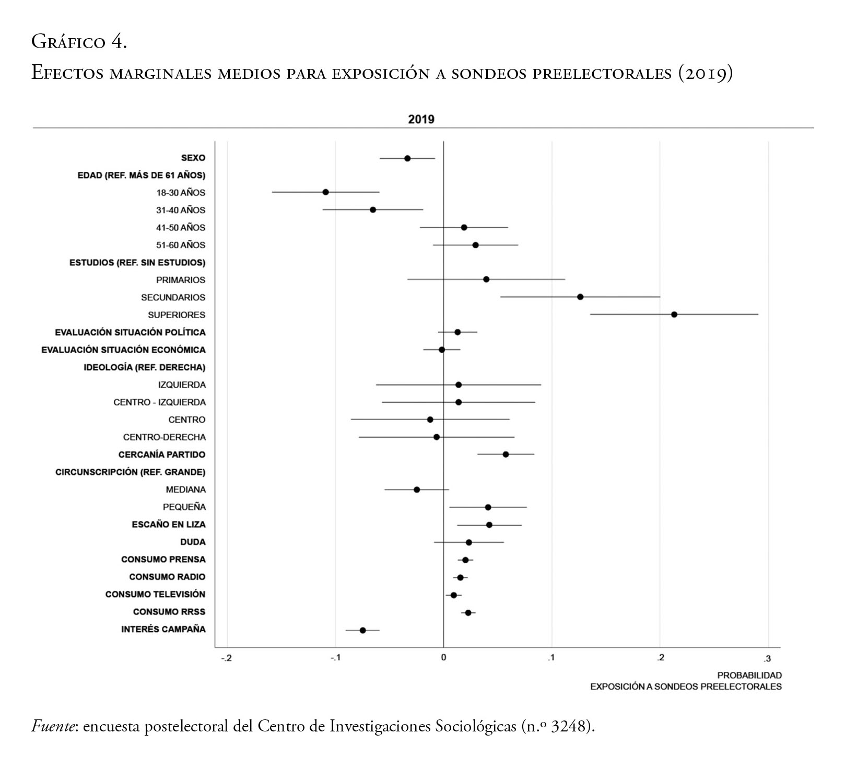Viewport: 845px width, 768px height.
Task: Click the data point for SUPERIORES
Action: click(674, 315)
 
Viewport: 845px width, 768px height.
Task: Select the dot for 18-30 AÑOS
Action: click(326, 192)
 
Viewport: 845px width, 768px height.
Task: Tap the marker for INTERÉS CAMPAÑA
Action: click(363, 630)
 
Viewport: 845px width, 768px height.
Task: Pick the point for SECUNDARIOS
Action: click(580, 297)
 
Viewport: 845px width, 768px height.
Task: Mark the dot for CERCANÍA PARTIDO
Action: click(506, 455)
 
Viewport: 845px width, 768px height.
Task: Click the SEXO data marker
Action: click(407, 158)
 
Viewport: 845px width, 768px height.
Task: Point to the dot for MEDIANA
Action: click(417, 490)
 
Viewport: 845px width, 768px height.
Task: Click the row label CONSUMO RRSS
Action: click(169, 612)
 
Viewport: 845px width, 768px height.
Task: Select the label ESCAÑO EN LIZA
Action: click(169, 525)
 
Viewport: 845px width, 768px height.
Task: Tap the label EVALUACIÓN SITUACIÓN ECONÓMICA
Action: click(123, 350)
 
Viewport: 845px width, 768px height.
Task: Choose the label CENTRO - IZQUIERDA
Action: click(159, 402)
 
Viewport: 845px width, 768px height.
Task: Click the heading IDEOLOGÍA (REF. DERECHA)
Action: click(145, 367)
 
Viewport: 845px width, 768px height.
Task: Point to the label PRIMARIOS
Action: click(181, 280)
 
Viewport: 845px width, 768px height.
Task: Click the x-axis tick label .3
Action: click(767, 658)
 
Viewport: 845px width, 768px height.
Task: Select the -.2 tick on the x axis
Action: click(226, 658)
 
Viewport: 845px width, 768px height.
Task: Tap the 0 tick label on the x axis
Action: click(443, 658)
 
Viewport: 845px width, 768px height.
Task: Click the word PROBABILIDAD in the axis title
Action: click(749, 676)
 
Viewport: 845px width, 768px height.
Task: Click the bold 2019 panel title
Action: click(421, 119)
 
